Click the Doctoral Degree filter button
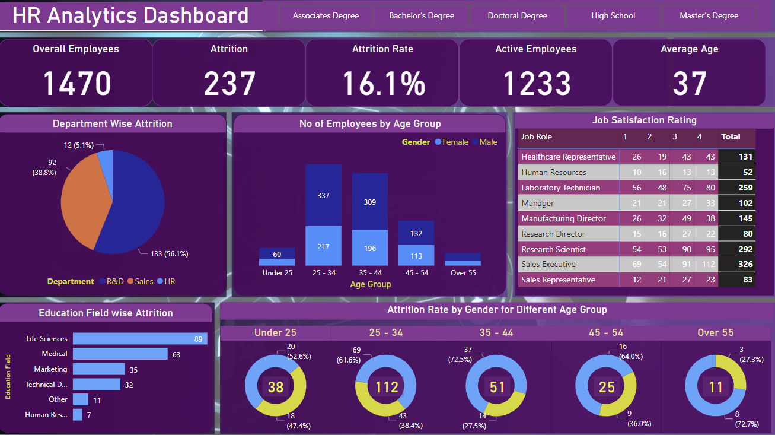(517, 16)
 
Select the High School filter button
(613, 16)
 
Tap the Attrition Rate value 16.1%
(384, 83)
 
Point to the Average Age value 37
(689, 83)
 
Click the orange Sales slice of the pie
(83, 202)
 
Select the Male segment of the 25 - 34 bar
(323, 195)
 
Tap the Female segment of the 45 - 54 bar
(416, 256)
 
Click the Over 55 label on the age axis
(463, 273)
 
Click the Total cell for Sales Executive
(737, 264)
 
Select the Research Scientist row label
(553, 249)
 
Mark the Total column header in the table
(731, 136)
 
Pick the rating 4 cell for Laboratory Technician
(699, 188)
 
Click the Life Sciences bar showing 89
(139, 339)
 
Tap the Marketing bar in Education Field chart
(98, 369)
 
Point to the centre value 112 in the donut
(387, 388)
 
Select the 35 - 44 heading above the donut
(497, 332)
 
